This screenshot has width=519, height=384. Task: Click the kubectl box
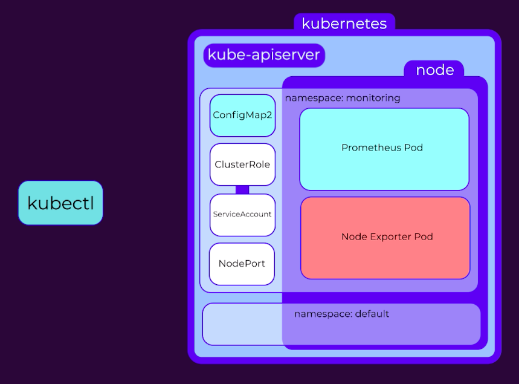click(x=60, y=203)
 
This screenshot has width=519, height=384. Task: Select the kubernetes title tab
click(x=344, y=23)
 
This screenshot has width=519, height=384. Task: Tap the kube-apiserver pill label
click(x=264, y=55)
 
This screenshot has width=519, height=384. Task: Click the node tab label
click(x=434, y=70)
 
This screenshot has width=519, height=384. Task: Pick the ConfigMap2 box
click(x=243, y=116)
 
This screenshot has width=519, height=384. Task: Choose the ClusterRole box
click(x=243, y=164)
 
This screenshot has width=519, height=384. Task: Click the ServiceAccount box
click(x=243, y=215)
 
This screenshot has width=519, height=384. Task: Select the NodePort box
click(x=242, y=264)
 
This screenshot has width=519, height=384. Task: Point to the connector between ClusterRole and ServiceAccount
click(x=242, y=190)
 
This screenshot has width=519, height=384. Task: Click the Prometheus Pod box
click(x=384, y=149)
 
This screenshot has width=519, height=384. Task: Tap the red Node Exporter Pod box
click(x=385, y=238)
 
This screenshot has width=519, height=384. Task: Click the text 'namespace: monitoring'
click(x=343, y=98)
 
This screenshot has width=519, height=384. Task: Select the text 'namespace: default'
click(x=341, y=314)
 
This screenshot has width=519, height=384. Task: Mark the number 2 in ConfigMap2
click(x=269, y=115)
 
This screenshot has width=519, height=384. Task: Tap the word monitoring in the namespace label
click(x=373, y=98)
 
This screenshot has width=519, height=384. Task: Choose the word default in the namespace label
click(x=372, y=314)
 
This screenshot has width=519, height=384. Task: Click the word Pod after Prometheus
click(x=413, y=148)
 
